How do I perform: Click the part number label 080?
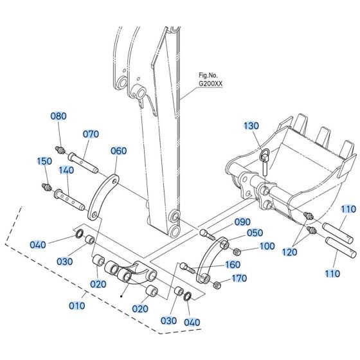[x=59, y=116]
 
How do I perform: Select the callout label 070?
[x=91, y=134]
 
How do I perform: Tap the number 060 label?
[x=119, y=151]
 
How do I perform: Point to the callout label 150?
[x=44, y=161]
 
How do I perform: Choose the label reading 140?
[x=67, y=171]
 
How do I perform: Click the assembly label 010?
[x=76, y=305]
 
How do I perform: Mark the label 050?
[x=237, y=233]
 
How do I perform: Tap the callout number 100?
[x=267, y=246]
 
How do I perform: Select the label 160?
[x=232, y=265]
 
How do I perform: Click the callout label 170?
[x=239, y=278]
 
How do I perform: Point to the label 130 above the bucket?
[x=251, y=125]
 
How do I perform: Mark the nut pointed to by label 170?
[x=216, y=285]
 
